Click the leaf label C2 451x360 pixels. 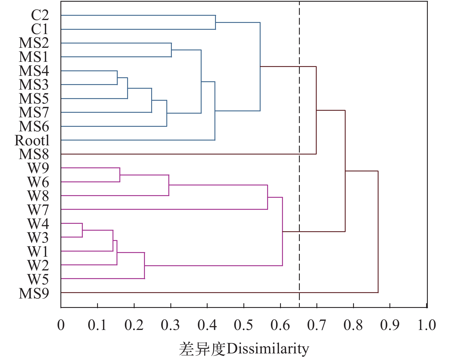coord(40,15)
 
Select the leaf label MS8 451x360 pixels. coord(34,154)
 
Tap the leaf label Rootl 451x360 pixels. coord(32,140)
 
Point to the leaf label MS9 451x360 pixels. coord(34,293)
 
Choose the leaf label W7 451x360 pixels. coord(38,210)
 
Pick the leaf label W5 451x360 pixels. coord(38,279)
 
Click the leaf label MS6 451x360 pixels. coord(34,126)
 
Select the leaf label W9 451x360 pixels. coord(38,168)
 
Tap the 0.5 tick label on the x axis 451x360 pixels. coord(243,325)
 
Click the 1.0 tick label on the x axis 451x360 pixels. coord(426,325)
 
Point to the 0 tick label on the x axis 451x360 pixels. coord(61,325)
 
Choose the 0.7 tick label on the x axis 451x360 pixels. coord(316,325)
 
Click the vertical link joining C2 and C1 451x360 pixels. coord(215,22)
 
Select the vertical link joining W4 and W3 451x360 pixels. coord(82,230)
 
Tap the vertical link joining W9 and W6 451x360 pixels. coord(120,175)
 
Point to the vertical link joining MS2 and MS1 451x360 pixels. coord(171,50)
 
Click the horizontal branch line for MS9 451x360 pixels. coord(218,292)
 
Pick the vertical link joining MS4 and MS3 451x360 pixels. coord(117,78)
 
